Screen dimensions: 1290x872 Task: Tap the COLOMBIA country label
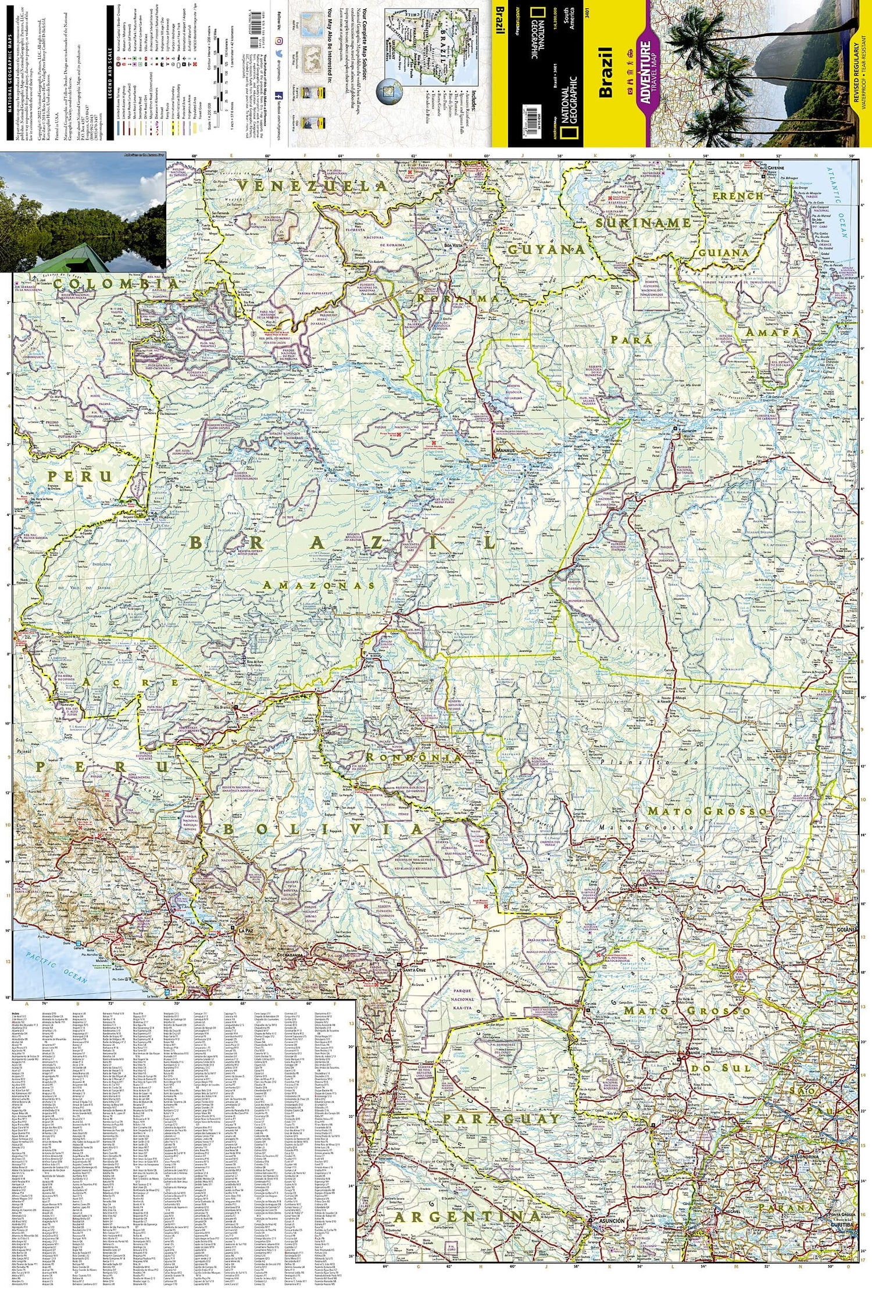tap(116, 283)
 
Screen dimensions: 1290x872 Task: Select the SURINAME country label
tap(643, 223)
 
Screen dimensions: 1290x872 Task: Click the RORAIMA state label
tap(458, 298)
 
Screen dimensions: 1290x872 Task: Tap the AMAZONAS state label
tap(319, 585)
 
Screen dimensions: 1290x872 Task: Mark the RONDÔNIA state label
tap(413, 757)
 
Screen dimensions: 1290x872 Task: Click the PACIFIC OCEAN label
tap(53, 967)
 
